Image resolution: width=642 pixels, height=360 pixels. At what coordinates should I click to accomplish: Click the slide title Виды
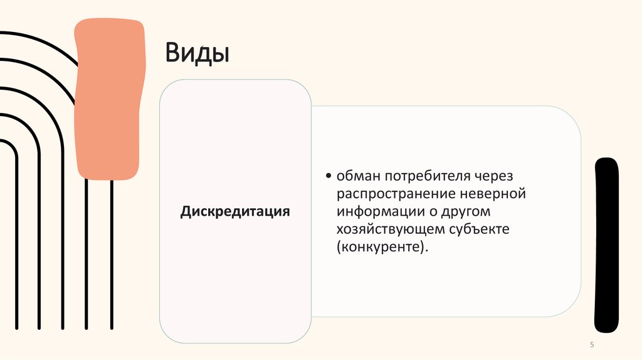(197, 53)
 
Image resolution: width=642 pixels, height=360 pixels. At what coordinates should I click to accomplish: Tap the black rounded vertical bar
(606, 245)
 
